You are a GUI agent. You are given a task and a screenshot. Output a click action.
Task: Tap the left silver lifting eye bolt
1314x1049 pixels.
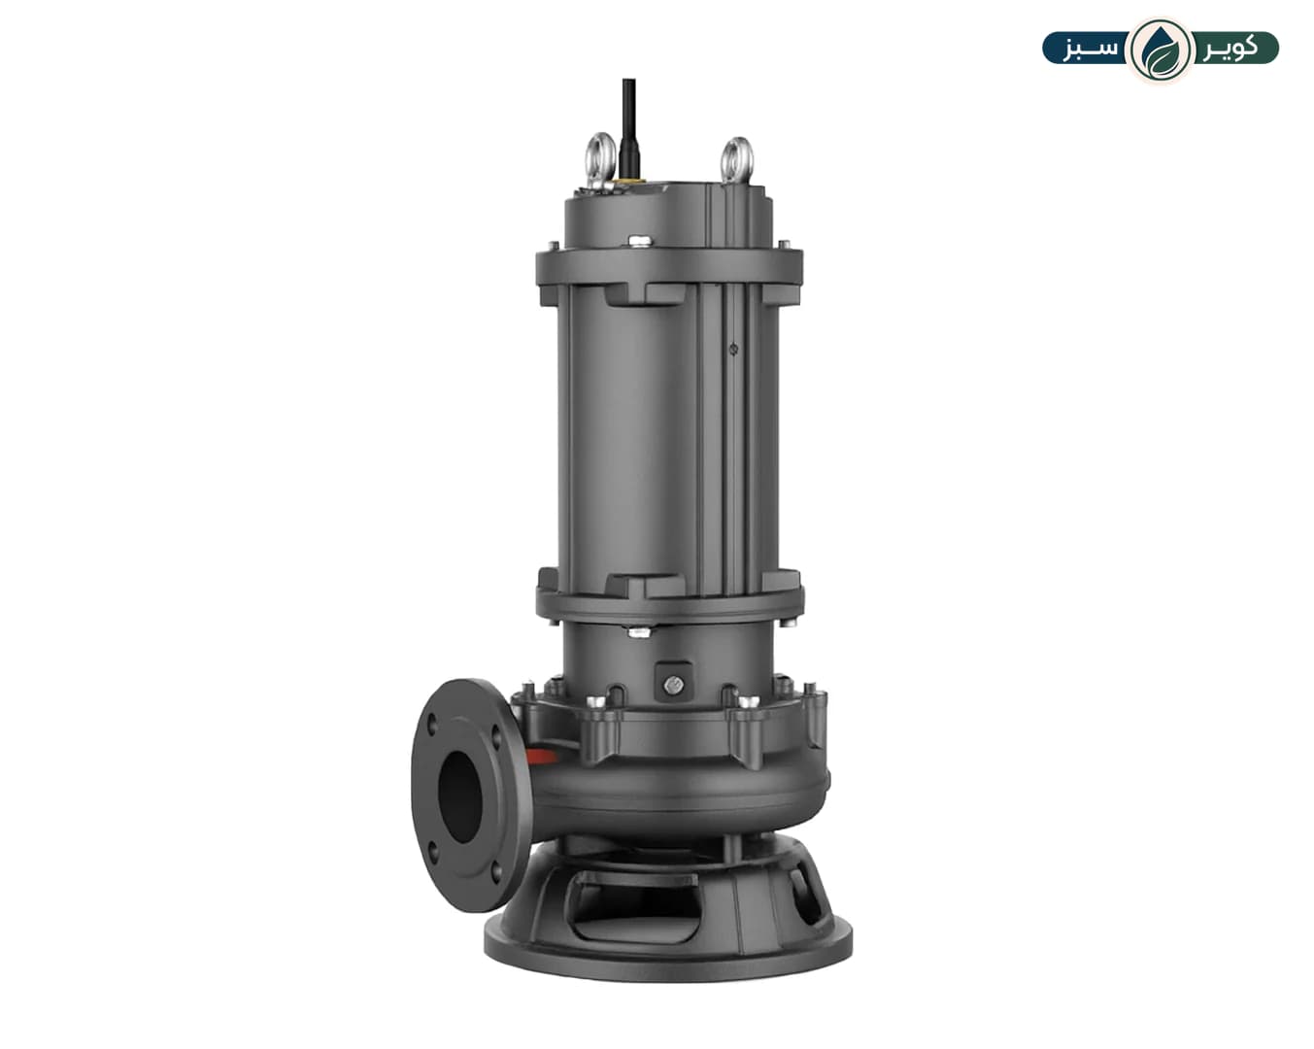[601, 160]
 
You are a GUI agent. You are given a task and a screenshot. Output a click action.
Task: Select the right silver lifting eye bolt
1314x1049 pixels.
[737, 160]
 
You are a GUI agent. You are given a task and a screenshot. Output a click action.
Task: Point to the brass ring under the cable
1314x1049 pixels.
[629, 180]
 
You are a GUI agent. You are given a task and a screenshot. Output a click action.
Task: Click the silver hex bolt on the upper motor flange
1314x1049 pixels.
[639, 242]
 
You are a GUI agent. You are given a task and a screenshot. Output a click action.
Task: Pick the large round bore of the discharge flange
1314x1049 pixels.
[460, 797]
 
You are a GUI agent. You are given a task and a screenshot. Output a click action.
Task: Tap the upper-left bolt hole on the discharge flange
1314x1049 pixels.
[433, 725]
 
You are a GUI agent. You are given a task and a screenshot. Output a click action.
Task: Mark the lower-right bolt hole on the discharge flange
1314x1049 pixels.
[496, 870]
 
